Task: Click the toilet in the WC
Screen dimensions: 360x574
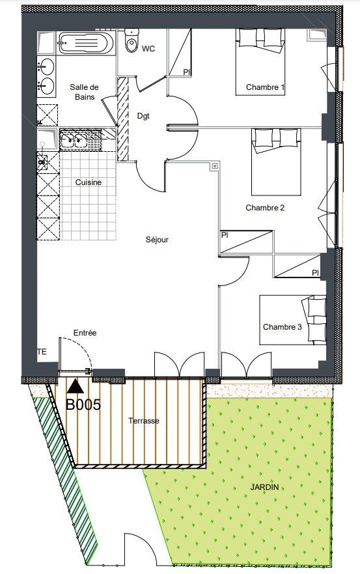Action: pos(132,40)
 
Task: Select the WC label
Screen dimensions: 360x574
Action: pos(148,49)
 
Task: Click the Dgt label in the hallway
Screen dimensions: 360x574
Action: pos(143,116)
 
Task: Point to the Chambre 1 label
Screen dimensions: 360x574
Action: pos(265,87)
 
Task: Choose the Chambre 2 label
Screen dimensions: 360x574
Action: pos(265,208)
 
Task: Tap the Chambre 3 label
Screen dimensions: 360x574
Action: pos(282,327)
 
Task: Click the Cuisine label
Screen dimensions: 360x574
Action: pos(88,182)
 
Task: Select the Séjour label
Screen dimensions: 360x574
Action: pos(157,240)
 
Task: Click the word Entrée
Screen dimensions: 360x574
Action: pos(85,333)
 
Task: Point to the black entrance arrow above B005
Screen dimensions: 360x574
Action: pos(76,386)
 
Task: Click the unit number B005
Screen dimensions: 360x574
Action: pos(83,405)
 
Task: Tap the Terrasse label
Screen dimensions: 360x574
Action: pos(144,421)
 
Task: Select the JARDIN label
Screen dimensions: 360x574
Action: pos(264,487)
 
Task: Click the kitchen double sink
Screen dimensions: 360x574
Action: pos(74,140)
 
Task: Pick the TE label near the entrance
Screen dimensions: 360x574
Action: pos(42,352)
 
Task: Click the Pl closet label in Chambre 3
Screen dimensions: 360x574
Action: pos(315,273)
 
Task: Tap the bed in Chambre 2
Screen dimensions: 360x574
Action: pos(276,162)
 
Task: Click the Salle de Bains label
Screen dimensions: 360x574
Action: pos(85,92)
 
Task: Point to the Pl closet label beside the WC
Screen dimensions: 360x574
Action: pos(187,72)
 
